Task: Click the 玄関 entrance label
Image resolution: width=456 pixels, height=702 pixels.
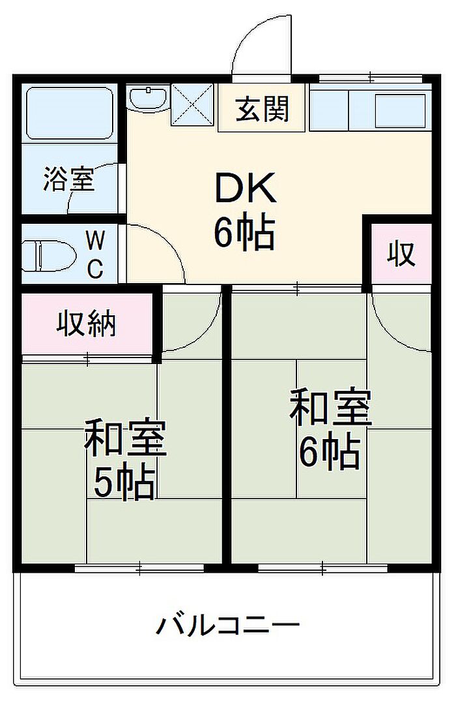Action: tap(263, 109)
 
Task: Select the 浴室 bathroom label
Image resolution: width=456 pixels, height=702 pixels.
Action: tap(69, 179)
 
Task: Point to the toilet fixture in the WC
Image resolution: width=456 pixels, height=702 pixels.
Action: tap(48, 256)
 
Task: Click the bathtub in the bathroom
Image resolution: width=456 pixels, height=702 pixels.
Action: tap(69, 114)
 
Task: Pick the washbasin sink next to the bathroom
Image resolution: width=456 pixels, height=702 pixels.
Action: tap(148, 98)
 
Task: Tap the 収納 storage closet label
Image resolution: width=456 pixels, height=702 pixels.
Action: tap(86, 323)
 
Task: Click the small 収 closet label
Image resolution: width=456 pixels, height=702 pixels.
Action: tap(401, 254)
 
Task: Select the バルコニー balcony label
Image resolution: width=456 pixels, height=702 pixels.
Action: tap(227, 625)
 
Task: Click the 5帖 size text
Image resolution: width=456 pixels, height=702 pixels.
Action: tap(124, 484)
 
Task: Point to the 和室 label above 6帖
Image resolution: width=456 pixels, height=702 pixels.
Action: tap(330, 408)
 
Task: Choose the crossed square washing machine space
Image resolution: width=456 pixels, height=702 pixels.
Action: tap(192, 104)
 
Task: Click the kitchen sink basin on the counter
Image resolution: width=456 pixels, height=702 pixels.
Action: tap(400, 111)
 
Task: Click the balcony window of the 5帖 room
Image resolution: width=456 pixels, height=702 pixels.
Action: tap(139, 568)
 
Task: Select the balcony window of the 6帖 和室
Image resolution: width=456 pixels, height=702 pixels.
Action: tap(322, 568)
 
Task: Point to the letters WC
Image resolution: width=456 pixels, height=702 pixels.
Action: tap(94, 255)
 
